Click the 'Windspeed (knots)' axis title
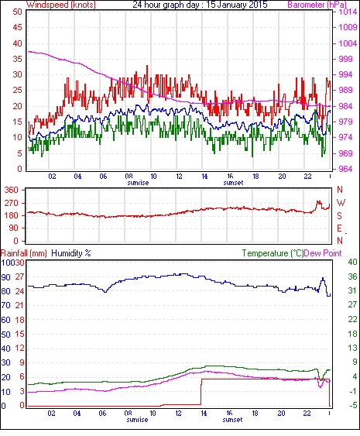[x=60, y=5]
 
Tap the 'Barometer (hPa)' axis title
[x=317, y=5]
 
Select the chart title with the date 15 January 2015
[x=200, y=5]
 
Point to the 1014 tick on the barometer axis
[x=348, y=12]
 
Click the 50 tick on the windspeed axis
[x=17, y=12]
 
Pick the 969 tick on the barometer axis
[x=345, y=153]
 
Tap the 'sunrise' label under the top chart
[x=138, y=183]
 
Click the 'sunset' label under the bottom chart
[x=232, y=420]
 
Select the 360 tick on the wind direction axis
[x=11, y=191]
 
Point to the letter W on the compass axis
[x=341, y=203]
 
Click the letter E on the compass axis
[x=339, y=228]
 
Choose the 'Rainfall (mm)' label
[x=24, y=253]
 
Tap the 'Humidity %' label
[x=71, y=253]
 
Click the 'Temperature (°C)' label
[x=273, y=253]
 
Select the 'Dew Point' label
[x=323, y=253]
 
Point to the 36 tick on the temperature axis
[x=352, y=276]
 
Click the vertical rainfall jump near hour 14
[x=201, y=392]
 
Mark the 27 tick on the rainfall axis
[x=19, y=277]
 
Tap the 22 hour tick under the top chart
[x=307, y=177]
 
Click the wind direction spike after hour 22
[x=319, y=202]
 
